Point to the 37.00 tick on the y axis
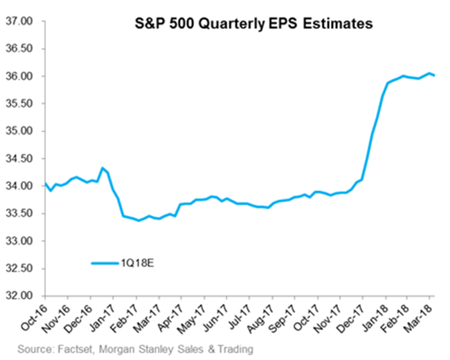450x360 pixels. click(20, 21)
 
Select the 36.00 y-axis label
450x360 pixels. click(20, 76)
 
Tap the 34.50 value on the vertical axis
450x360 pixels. click(20, 159)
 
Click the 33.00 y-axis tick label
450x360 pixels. click(20, 242)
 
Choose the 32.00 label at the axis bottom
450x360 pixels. click(20, 296)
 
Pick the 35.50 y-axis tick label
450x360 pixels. click(20, 104)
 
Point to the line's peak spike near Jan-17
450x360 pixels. click(102, 168)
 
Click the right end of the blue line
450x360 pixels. click(433, 75)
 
